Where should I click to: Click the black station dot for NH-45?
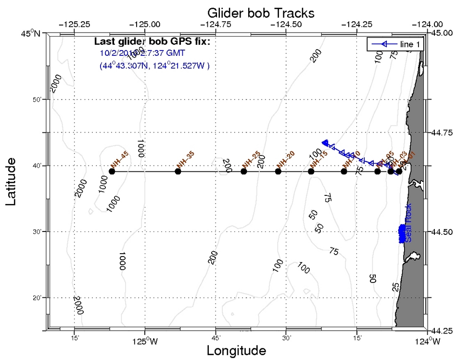(112, 171)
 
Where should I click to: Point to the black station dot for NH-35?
(178, 171)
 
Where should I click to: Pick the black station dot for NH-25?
(244, 171)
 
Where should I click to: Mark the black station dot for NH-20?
(278, 171)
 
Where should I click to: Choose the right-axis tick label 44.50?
(442, 232)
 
